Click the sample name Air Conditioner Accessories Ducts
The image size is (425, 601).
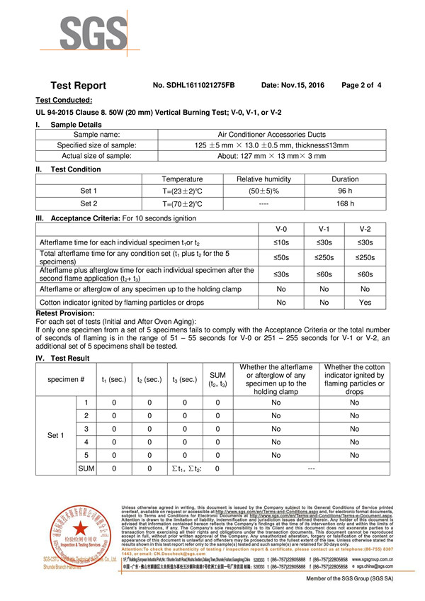[282, 134]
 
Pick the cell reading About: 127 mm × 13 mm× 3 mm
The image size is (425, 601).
[282, 156]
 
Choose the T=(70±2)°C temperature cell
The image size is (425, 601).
[182, 203]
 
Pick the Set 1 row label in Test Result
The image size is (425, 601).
[55, 435]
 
